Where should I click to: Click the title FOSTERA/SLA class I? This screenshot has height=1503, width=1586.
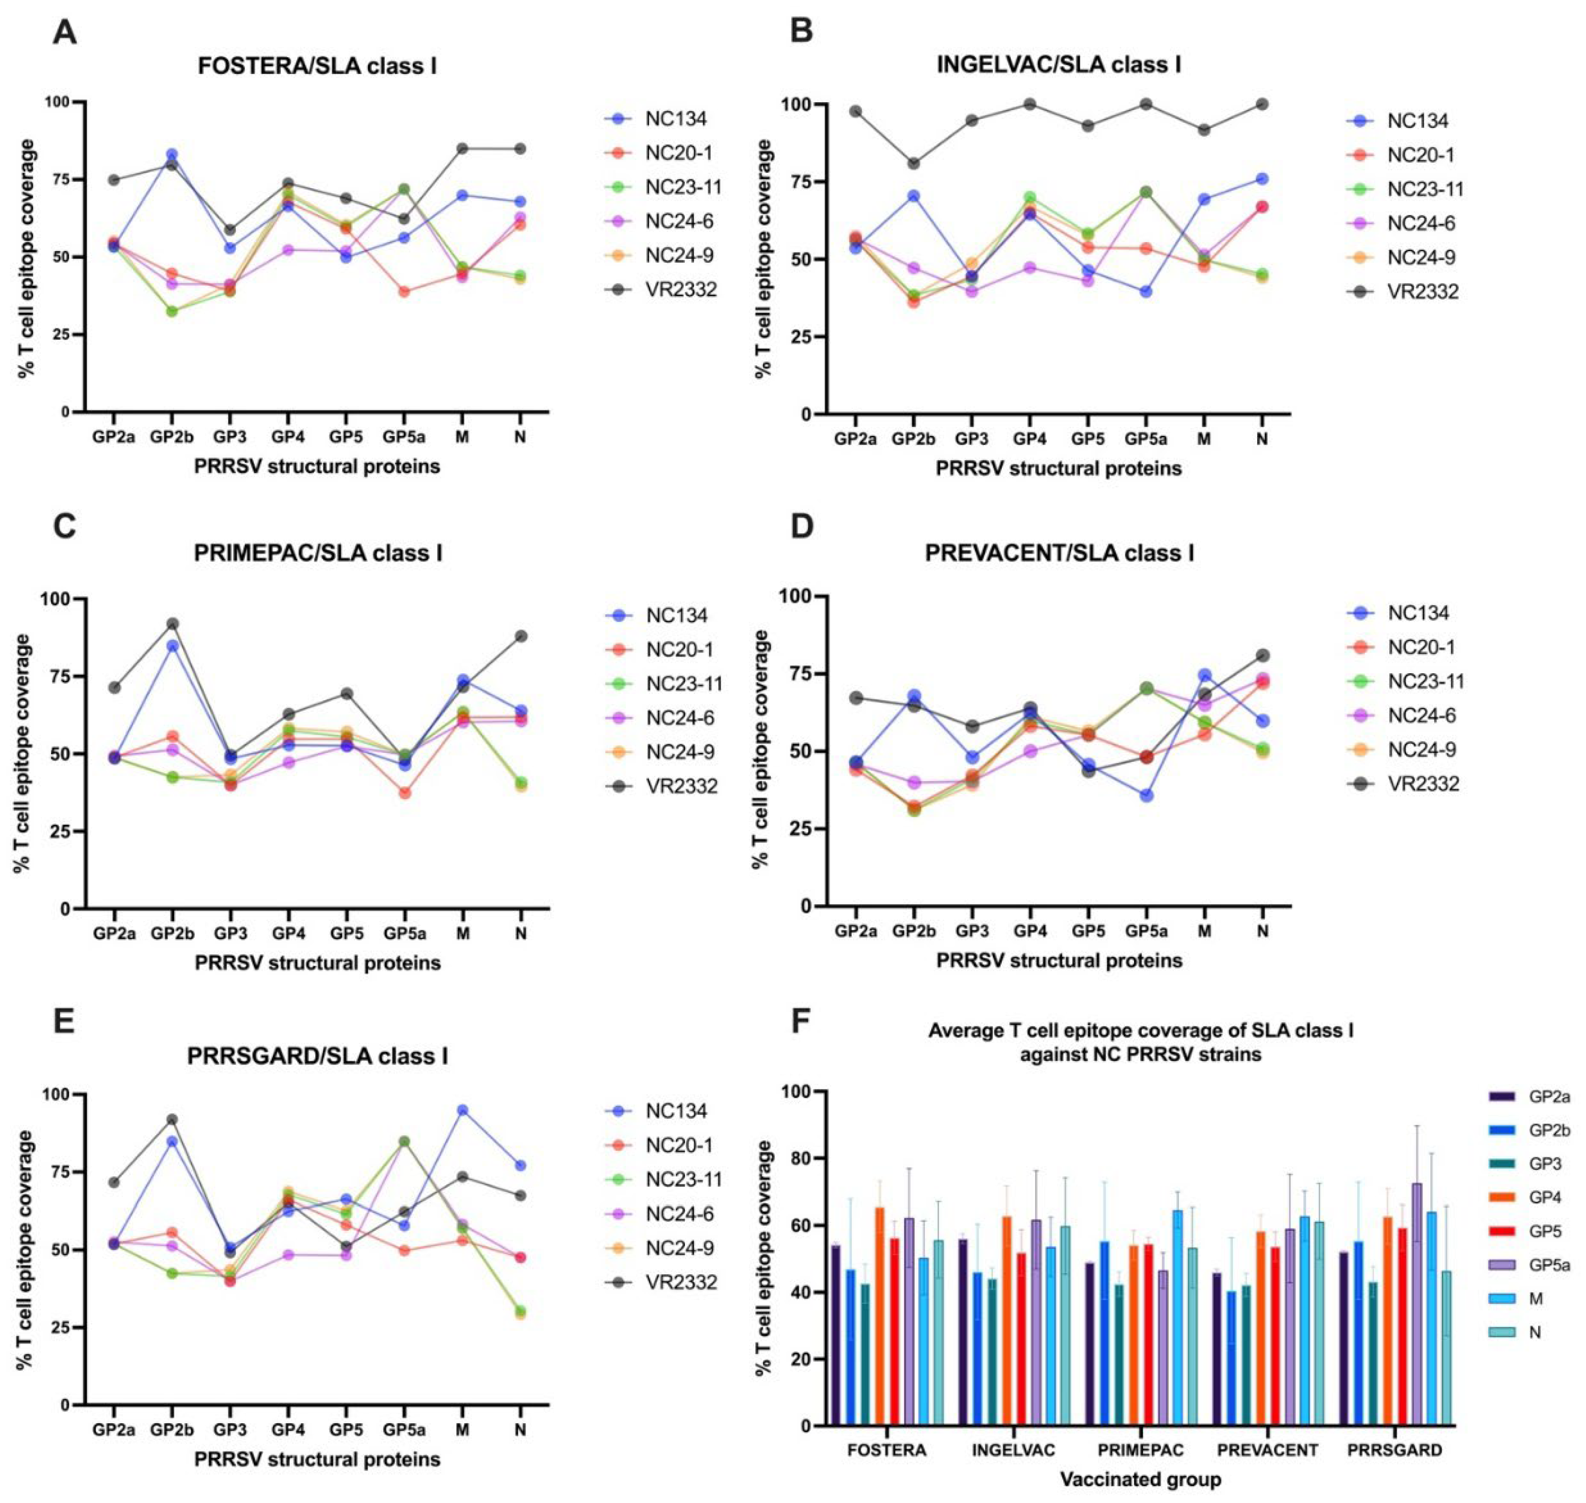coord(317,66)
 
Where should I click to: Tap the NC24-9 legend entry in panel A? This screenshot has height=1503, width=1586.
coord(679,255)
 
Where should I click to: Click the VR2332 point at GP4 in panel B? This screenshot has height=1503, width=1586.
coord(1029,104)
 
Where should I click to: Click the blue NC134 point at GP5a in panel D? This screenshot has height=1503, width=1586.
coord(1146,795)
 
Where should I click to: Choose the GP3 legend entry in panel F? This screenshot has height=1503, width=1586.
coord(1544,1164)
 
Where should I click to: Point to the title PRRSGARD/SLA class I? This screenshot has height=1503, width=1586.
coord(317,1057)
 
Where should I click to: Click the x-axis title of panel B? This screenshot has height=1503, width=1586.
coord(1059,469)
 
